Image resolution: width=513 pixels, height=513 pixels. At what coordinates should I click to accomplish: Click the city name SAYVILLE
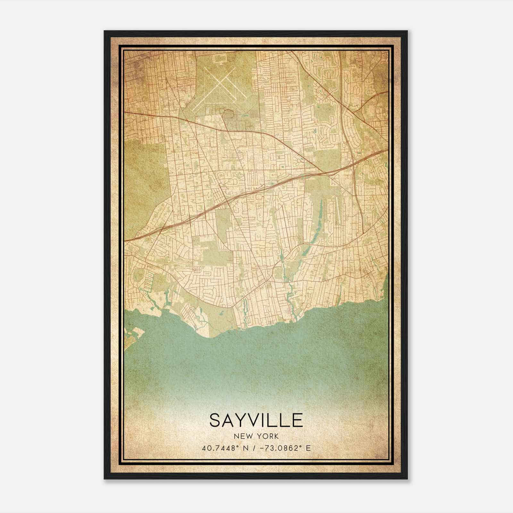point(256,420)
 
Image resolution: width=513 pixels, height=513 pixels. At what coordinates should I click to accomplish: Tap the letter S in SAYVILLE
point(216,420)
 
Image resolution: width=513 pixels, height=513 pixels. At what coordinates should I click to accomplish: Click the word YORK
point(268,436)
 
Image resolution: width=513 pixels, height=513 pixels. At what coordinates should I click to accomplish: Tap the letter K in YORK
point(276,436)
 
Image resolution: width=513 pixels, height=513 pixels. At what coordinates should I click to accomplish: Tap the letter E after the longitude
point(308,448)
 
